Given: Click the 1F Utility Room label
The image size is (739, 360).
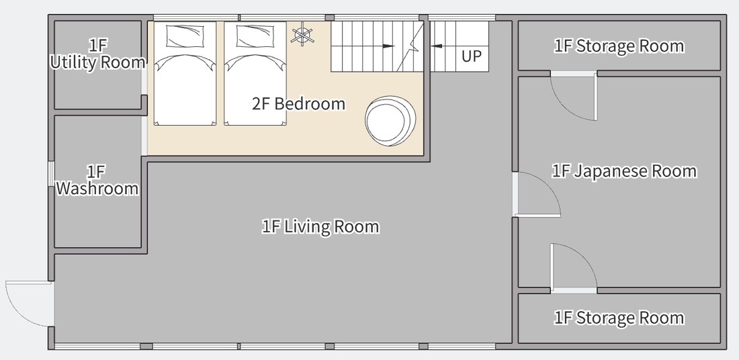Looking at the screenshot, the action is pos(97,54).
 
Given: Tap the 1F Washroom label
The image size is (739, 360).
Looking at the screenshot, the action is pos(97,179).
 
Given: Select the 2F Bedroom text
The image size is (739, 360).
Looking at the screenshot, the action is pos(298,103).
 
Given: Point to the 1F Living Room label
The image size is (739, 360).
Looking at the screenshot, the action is pos(320,226).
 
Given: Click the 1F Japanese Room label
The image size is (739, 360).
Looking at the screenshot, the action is pos(624,171).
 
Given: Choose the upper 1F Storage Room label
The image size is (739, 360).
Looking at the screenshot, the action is pos(619,46).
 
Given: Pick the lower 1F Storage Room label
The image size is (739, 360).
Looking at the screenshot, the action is pos(619,318).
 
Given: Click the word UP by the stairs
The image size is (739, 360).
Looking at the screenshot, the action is pos(472,56).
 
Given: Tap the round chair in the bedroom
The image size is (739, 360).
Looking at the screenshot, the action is pos(390,121).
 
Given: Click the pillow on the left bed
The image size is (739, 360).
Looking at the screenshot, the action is pos(185,36).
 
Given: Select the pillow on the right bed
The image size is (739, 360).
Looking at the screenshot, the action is pos(255,36).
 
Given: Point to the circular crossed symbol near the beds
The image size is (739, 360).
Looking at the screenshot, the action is pos(302,36).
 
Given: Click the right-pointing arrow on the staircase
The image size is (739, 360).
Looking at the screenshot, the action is pos(388,46).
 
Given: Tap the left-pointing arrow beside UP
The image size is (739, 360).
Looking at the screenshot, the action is pos(437,46).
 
